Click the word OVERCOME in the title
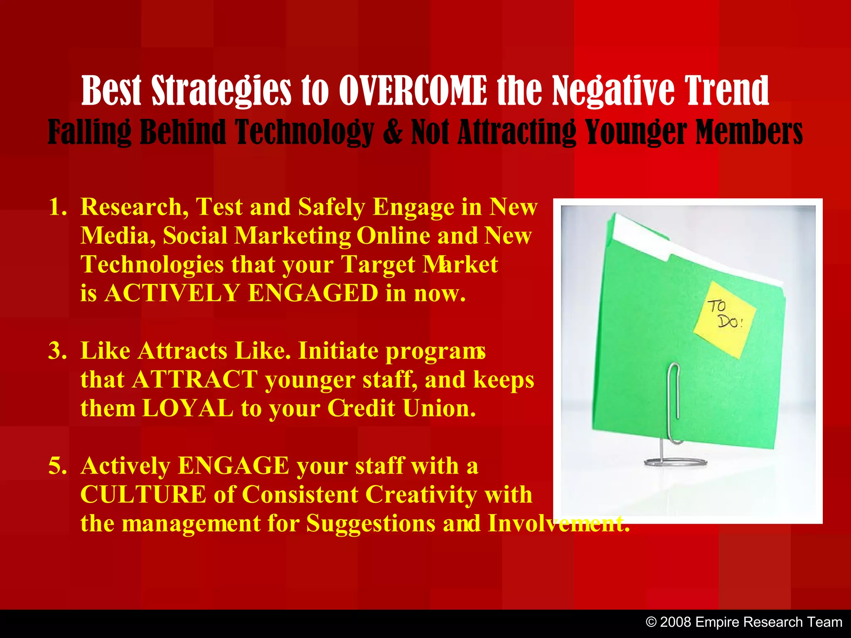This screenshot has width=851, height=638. tap(413, 91)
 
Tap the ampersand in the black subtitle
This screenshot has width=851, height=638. tap(393, 132)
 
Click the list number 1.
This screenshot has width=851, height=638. tap(57, 207)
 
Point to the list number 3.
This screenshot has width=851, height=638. tap(57, 351)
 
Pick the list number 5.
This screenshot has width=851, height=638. tap(57, 466)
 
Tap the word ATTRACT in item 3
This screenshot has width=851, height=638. tap(195, 380)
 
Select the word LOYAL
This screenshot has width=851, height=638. tap(188, 408)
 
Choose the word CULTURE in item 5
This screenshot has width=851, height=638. tap(143, 495)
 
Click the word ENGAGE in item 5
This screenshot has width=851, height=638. tap(234, 466)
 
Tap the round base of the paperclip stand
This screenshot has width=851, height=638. tap(675, 462)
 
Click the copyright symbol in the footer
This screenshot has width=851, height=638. tap(652, 622)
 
